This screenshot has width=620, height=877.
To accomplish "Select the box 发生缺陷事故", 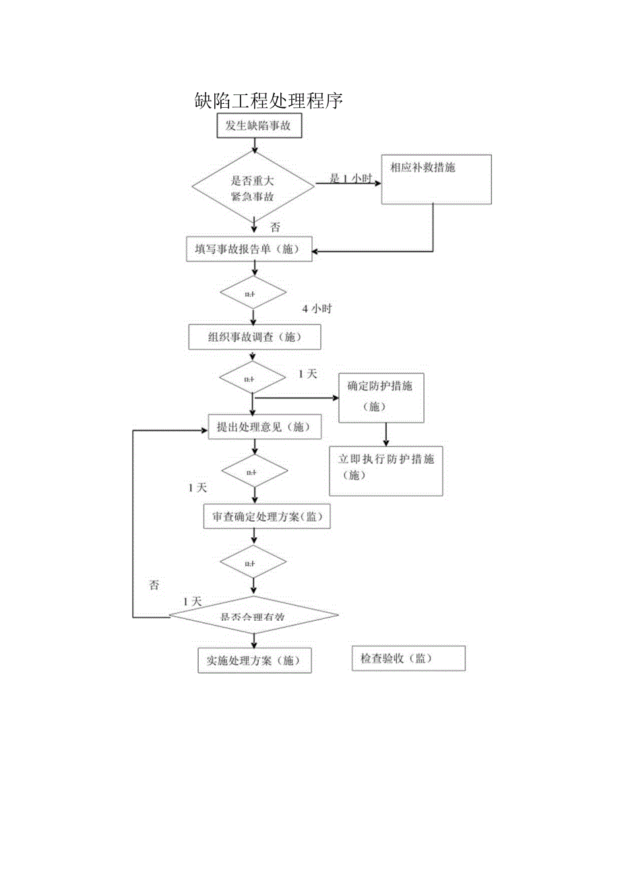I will tap(259, 126).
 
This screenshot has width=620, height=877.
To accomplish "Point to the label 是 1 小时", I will tap(350, 179).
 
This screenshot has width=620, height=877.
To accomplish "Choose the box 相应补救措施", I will tap(437, 179).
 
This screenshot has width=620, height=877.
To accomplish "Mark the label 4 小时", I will tap(317, 309).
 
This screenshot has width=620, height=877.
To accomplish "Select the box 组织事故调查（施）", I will tap(254, 337).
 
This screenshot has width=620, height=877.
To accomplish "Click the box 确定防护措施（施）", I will tap(381, 397).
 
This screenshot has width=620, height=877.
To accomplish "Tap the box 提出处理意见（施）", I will tap(255, 427).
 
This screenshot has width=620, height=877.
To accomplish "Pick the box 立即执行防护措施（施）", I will tap(385, 470).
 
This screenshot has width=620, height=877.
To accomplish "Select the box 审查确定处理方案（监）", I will tap(267, 517).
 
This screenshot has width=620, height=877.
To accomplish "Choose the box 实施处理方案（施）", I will tap(255, 661).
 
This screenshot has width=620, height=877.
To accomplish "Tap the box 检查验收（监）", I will tap(408, 659).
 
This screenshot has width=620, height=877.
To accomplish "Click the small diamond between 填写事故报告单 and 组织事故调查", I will tap(253, 294).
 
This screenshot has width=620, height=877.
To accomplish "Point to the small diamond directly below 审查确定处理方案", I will tap(253, 562).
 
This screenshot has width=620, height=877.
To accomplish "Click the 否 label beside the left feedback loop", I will tap(154, 585).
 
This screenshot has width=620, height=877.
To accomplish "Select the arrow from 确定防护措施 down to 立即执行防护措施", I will tap(385, 434).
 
